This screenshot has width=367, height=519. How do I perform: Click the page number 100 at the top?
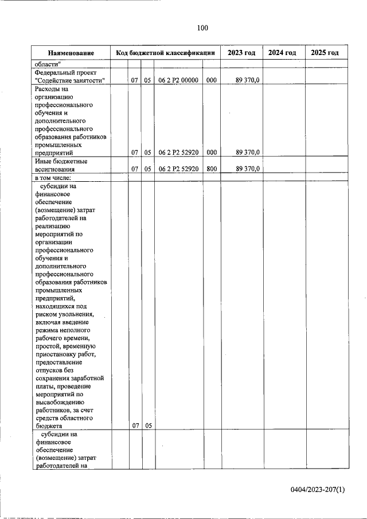click(x=202, y=28)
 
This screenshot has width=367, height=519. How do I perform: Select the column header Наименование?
click(x=71, y=53)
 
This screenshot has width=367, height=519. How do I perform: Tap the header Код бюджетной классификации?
click(x=165, y=53)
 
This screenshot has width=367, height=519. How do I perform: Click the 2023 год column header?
click(x=241, y=53)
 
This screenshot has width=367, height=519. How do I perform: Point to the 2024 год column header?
click(x=283, y=53)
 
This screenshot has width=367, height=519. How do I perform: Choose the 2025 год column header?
click(x=325, y=53)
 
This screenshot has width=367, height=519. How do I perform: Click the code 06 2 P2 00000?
click(x=178, y=81)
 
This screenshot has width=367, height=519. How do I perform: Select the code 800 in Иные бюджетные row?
click(x=211, y=169)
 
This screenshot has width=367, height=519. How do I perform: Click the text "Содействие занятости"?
click(x=69, y=81)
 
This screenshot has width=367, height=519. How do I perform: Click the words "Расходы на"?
click(x=51, y=89)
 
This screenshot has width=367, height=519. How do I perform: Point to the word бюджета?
click(x=48, y=426)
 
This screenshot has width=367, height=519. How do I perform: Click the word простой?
click(x=47, y=347)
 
